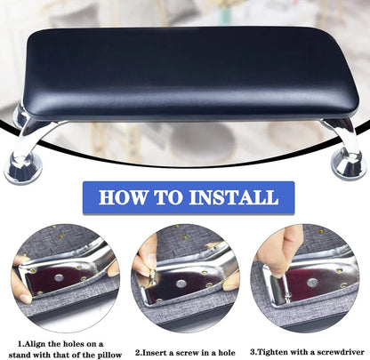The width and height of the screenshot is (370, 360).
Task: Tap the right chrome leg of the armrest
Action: (x=339, y=133)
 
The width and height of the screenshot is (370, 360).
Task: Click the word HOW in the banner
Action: (x=126, y=197)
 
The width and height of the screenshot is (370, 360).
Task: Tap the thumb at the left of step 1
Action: (x=20, y=267)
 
